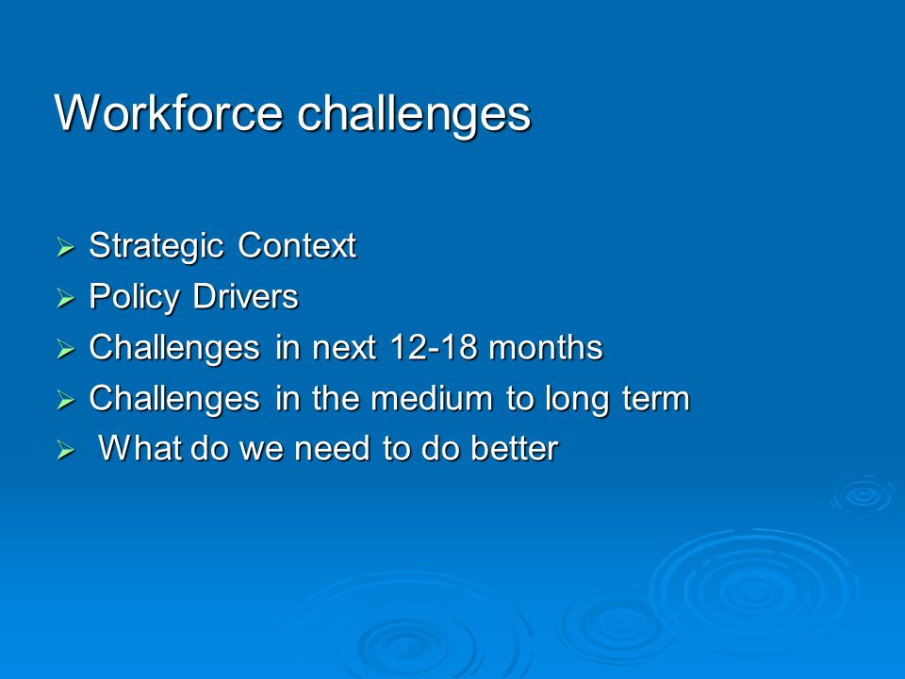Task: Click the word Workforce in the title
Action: click(x=169, y=112)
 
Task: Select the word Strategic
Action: click(x=156, y=246)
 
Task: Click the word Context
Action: click(x=297, y=245)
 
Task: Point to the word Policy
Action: click(x=135, y=298)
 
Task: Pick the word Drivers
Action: click(x=245, y=296)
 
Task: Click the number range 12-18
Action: click(x=433, y=347)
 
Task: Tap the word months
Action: click(x=546, y=347)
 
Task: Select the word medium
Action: click(x=432, y=398)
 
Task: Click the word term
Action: click(x=656, y=398)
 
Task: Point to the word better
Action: click(x=515, y=448)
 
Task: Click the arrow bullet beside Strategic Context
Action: click(x=66, y=247)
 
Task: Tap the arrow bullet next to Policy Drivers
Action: click(x=66, y=299)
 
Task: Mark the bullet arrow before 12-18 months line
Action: click(x=66, y=349)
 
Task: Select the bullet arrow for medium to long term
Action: click(x=66, y=400)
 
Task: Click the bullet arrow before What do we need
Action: click(x=66, y=451)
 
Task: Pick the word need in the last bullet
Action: click(x=332, y=448)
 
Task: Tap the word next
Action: click(x=344, y=348)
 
